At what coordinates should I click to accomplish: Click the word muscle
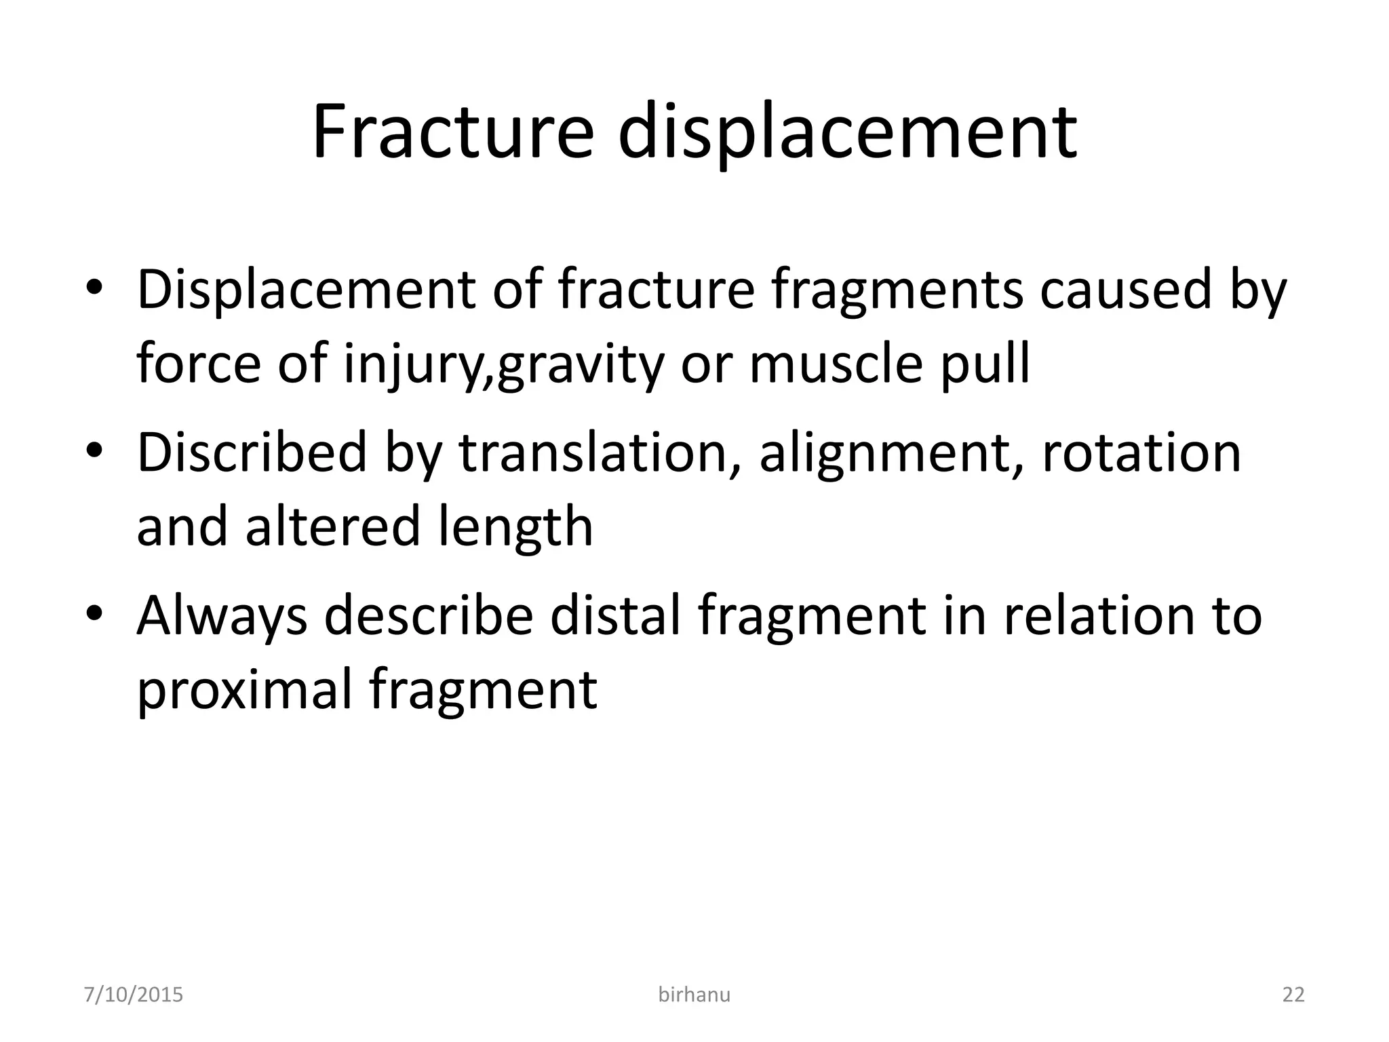836,364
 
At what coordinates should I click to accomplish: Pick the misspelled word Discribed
252,452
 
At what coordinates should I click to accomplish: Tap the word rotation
1141,452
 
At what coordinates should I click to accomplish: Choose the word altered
332,526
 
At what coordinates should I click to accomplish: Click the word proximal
243,691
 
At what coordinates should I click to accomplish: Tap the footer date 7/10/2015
134,995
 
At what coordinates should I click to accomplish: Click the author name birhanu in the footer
694,995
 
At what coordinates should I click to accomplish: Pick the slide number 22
1293,995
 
